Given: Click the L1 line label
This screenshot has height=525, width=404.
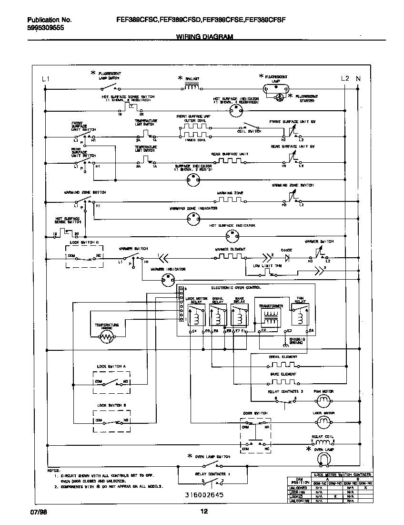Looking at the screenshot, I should [45, 78].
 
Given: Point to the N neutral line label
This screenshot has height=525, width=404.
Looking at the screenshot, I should [358, 78].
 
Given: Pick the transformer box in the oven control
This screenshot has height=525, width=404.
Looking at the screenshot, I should [271, 315].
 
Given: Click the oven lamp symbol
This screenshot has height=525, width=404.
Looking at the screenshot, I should [323, 459].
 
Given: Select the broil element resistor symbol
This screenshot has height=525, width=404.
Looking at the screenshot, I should [283, 365].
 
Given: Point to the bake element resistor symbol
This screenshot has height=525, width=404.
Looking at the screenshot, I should [283, 382].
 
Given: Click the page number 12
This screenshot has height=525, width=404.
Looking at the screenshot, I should [204, 512].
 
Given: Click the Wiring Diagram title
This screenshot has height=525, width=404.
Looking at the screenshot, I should [204, 37].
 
